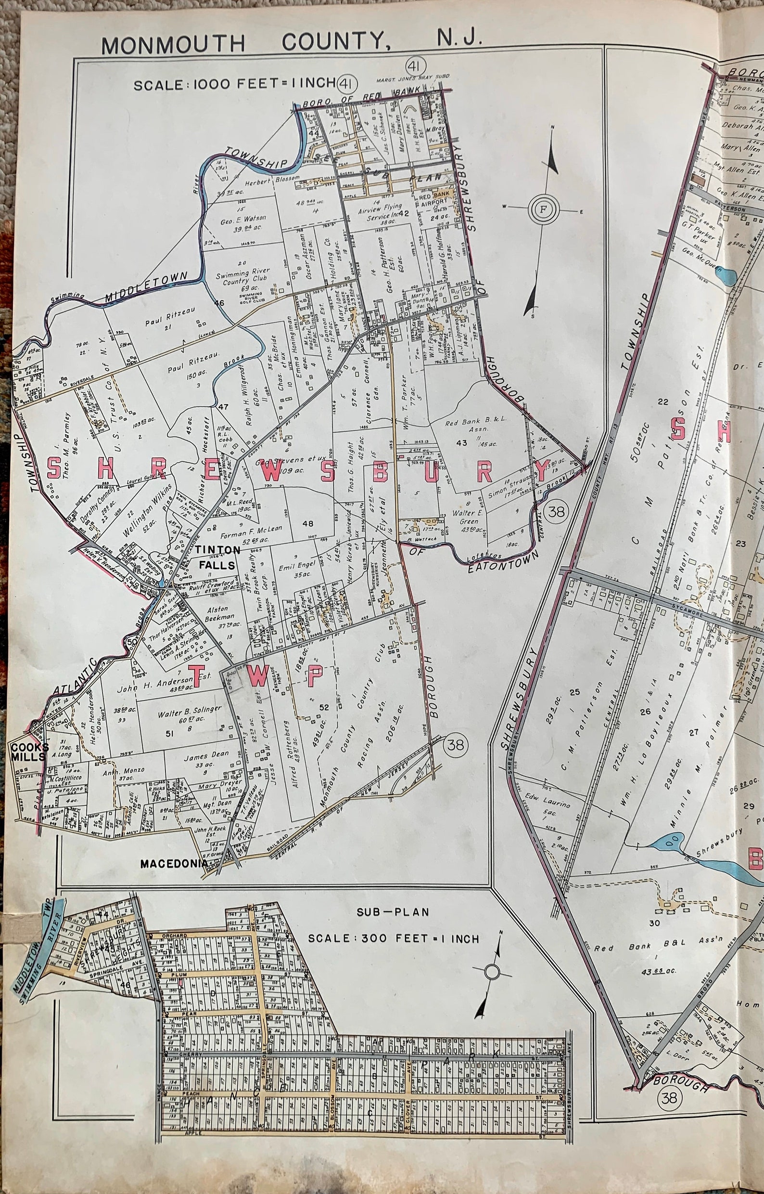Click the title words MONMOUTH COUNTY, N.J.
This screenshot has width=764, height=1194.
292,42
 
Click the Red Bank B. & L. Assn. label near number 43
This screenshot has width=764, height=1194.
468,428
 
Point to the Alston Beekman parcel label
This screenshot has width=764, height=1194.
217,614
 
